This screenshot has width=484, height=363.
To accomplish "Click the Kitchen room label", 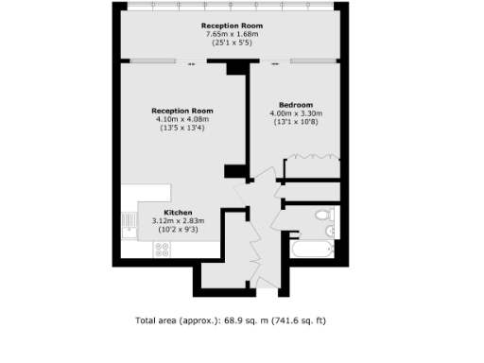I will tap(179, 213).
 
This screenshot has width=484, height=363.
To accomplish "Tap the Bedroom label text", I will tap(295, 104).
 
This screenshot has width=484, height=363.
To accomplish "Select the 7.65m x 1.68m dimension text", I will tap(232, 35).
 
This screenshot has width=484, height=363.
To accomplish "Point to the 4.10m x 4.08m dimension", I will tap(181, 119).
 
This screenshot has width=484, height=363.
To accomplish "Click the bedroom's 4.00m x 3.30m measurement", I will tap(296, 112).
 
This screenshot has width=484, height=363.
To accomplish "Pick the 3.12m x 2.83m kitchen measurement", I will tap(179, 221).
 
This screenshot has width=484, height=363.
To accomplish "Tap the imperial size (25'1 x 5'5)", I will tap(232, 43).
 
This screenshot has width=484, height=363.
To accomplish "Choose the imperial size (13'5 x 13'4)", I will tap(181, 128).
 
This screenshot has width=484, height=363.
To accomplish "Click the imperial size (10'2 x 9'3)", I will tap(179, 230).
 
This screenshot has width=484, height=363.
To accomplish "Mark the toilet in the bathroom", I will tap(321, 216).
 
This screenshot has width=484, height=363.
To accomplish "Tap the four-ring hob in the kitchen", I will tap(162, 250).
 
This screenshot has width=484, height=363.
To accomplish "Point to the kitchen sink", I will tap(129, 225).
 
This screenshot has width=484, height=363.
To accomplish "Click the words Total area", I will tap(158, 320).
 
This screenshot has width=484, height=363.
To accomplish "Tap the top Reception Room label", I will tap(232, 26).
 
